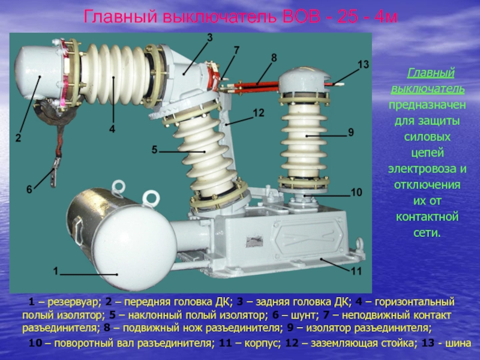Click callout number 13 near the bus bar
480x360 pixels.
pos(364,65)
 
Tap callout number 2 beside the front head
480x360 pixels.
pos(19,138)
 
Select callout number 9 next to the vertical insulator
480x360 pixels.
pos(351,132)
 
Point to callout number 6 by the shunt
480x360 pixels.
pos(29,190)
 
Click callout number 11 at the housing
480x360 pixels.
pos(356,271)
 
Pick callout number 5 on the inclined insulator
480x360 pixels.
pos(154,149)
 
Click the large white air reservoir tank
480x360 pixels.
pos(122,239)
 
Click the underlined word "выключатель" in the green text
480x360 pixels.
pos(428,89)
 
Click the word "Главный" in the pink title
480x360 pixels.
pos(119,17)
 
